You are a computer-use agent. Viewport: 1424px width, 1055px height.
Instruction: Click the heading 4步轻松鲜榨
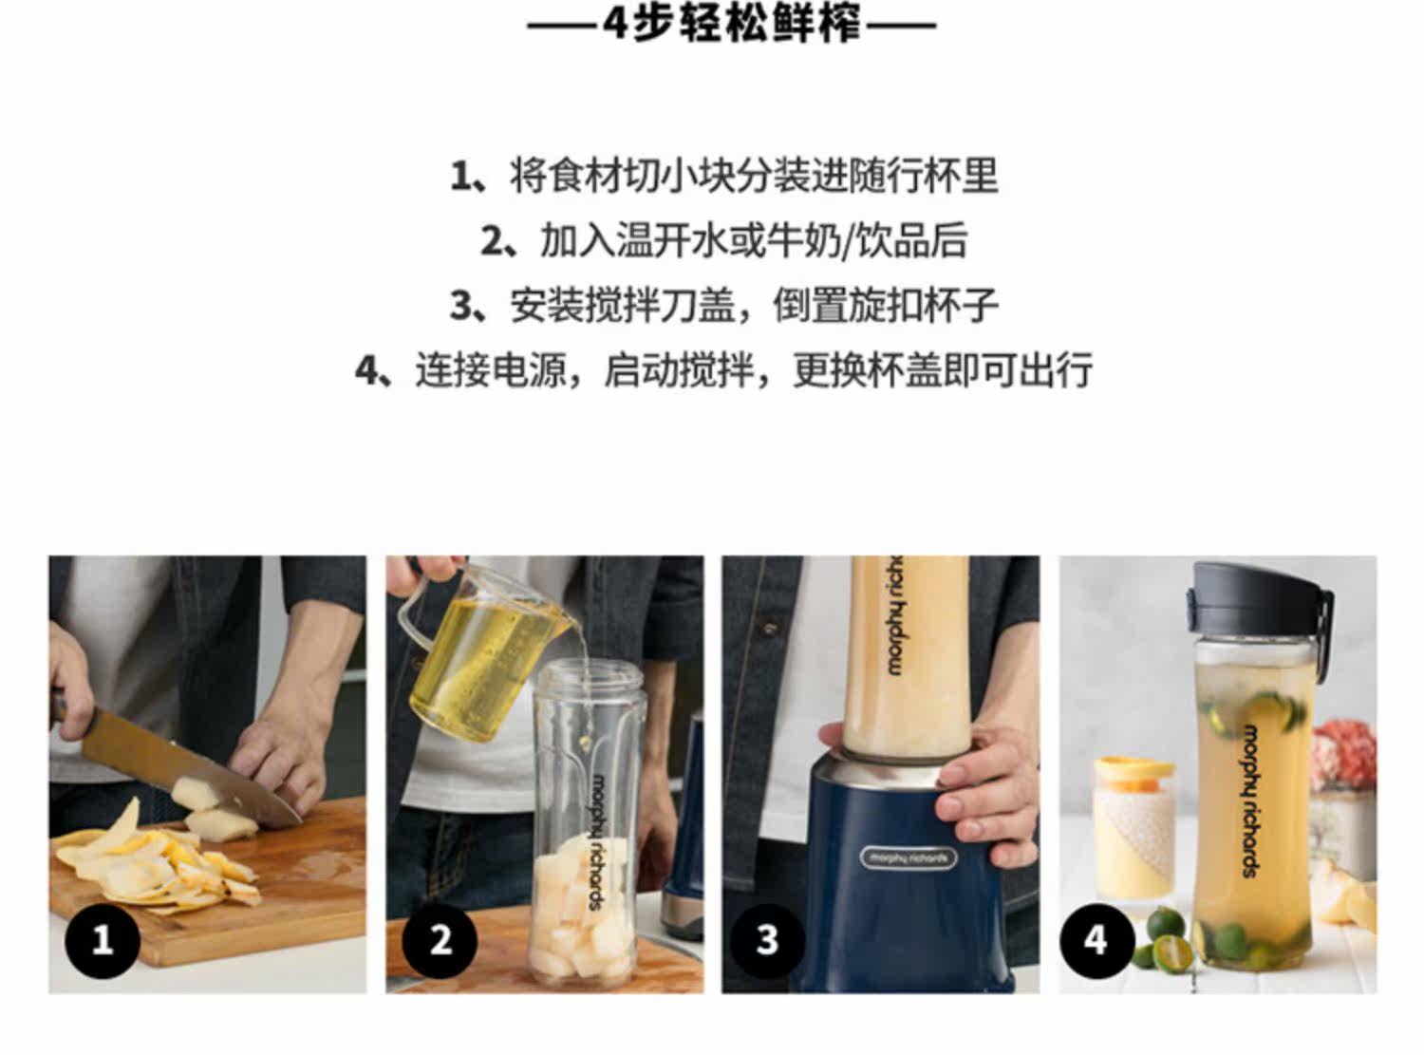point(731,26)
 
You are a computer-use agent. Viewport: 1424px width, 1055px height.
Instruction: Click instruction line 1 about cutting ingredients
point(724,176)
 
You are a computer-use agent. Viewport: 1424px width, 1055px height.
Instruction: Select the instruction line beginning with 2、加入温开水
point(724,241)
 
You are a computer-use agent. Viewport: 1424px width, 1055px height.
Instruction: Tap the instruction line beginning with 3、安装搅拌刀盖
point(724,305)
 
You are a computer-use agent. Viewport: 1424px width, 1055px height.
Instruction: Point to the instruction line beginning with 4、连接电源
point(724,369)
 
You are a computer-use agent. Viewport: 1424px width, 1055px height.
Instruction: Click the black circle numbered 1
point(103,941)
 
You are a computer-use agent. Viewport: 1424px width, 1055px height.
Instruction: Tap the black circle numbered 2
point(440,941)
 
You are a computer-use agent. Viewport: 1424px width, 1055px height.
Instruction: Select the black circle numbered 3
point(767,941)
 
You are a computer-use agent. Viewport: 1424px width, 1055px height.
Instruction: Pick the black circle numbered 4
point(1097,941)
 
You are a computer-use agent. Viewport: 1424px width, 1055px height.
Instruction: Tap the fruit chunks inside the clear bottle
point(581,915)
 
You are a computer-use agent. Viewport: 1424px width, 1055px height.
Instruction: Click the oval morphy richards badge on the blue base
point(908,857)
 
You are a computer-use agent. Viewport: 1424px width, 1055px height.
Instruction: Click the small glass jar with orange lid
point(1135,828)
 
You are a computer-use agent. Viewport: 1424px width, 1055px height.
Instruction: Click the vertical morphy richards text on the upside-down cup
point(895,615)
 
